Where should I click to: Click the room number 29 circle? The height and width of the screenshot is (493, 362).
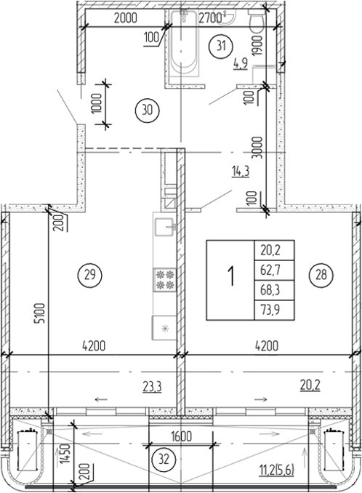(x=89, y=276)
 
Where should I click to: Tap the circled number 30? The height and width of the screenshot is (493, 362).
(x=148, y=110)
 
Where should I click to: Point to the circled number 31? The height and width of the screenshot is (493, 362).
(x=222, y=47)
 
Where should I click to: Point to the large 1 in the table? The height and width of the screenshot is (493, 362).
(x=230, y=278)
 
